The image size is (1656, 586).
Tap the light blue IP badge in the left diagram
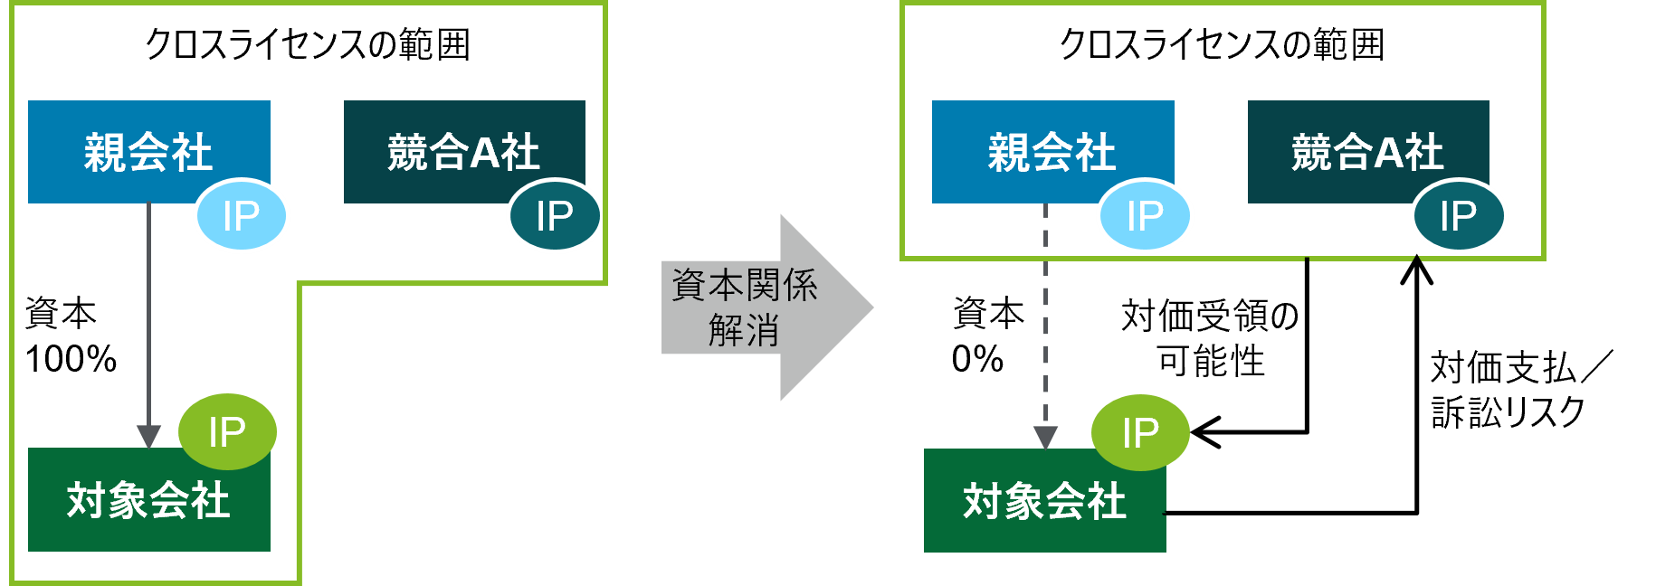coord(242,216)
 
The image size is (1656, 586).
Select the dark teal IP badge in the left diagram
coord(555,216)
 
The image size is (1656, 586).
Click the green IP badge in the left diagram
coord(227,432)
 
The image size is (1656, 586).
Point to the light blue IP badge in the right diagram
coord(1145,216)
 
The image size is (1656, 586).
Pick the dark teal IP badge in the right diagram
coord(1458,216)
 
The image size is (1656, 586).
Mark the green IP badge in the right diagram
coord(1140,433)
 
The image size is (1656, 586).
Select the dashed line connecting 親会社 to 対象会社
coord(1045,317)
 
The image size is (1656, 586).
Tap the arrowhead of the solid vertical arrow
coord(148,436)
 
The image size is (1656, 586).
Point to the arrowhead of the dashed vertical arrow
coord(1045,438)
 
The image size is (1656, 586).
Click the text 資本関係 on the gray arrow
coord(744,286)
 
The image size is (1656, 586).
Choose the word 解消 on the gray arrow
coord(744,330)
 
